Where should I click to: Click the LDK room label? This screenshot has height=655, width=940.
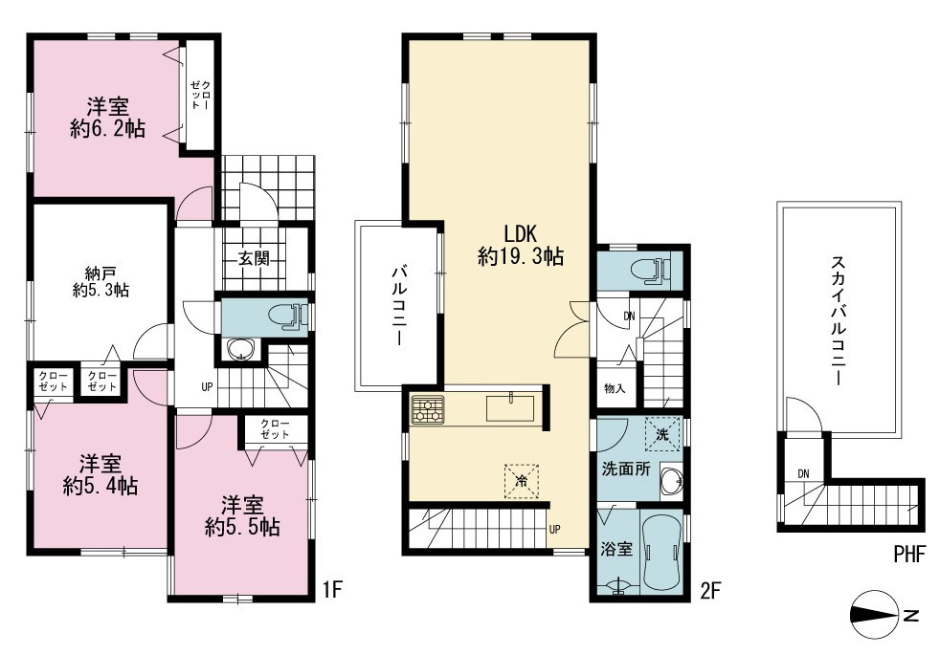[x=520, y=232]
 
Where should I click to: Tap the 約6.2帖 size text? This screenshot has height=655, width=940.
[x=107, y=129]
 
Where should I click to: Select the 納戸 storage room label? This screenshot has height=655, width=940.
[x=101, y=274]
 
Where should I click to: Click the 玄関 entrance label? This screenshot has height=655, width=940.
[x=255, y=258]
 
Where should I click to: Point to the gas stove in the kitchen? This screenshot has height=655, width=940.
[x=428, y=409]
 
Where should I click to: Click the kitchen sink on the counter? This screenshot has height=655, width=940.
[x=509, y=409]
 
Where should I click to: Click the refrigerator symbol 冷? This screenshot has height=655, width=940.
[x=522, y=481]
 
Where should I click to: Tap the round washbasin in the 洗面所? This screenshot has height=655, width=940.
[x=671, y=480]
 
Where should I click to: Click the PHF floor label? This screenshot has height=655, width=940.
[x=909, y=554]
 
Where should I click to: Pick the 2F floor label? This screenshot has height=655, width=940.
[x=710, y=591]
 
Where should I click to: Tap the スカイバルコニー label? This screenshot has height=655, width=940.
[x=838, y=320]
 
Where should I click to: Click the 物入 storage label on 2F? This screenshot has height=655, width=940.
[x=615, y=388]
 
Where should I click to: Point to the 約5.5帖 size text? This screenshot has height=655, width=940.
[x=242, y=527]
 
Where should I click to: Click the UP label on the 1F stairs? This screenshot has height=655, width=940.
[x=208, y=386]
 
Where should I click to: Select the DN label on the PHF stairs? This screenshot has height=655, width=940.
[x=803, y=473]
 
